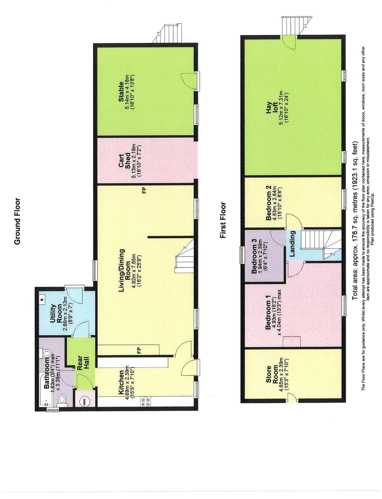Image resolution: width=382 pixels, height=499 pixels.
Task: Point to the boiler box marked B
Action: coord(42,299)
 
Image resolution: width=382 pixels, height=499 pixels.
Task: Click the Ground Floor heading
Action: coord(17,221)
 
